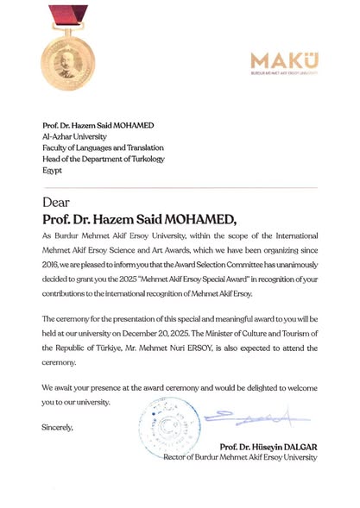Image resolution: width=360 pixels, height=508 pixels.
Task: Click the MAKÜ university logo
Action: tap(284, 62)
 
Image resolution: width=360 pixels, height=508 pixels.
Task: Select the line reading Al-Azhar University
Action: tap(76, 136)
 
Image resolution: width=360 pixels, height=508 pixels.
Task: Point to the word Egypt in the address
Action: tap(53, 171)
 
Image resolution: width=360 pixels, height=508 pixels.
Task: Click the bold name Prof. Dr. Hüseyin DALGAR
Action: tap(268, 446)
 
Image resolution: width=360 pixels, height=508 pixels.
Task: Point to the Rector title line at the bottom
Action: tap(241, 457)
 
